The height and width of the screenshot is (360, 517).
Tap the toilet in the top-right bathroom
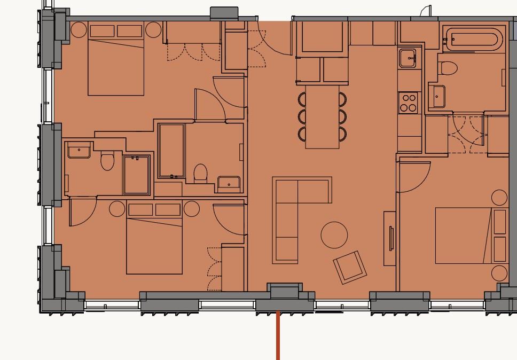(448, 68)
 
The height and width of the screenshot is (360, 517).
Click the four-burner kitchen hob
(409, 103)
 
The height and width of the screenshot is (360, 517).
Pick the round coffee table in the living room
(334, 235)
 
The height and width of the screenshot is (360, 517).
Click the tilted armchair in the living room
(350, 267)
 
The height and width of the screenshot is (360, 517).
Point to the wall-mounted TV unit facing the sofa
(390, 238)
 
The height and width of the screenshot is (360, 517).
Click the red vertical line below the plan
(278, 336)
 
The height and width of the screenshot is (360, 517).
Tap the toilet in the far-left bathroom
(107, 161)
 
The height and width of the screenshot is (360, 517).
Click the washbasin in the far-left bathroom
(79, 150)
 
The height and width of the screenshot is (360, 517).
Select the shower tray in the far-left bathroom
(137, 175)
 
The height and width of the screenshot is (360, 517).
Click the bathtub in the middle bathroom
(171, 150)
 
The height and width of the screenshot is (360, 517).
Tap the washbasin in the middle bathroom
(229, 184)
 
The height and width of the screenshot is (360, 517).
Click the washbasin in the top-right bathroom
(437, 97)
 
